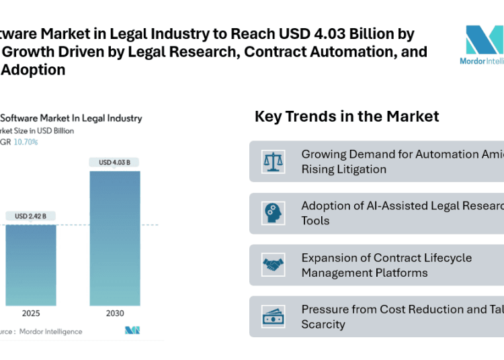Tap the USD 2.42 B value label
tap(30, 216)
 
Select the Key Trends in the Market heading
tap(347, 116)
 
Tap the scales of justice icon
tap(273, 162)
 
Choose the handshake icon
tap(273, 265)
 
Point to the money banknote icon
tap(273, 316)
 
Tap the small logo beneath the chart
tap(132, 330)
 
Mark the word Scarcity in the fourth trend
tap(323, 324)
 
